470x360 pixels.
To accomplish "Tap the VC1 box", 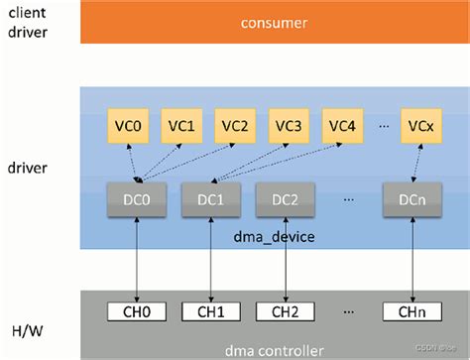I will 181,126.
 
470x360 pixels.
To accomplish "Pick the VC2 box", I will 235,126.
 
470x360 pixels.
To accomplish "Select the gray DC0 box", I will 136,198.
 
